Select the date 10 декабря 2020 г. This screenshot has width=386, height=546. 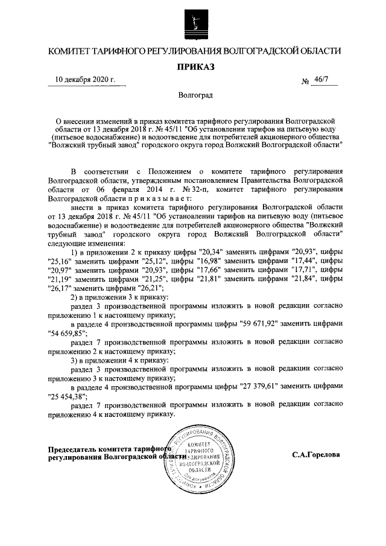pos(85,79)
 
